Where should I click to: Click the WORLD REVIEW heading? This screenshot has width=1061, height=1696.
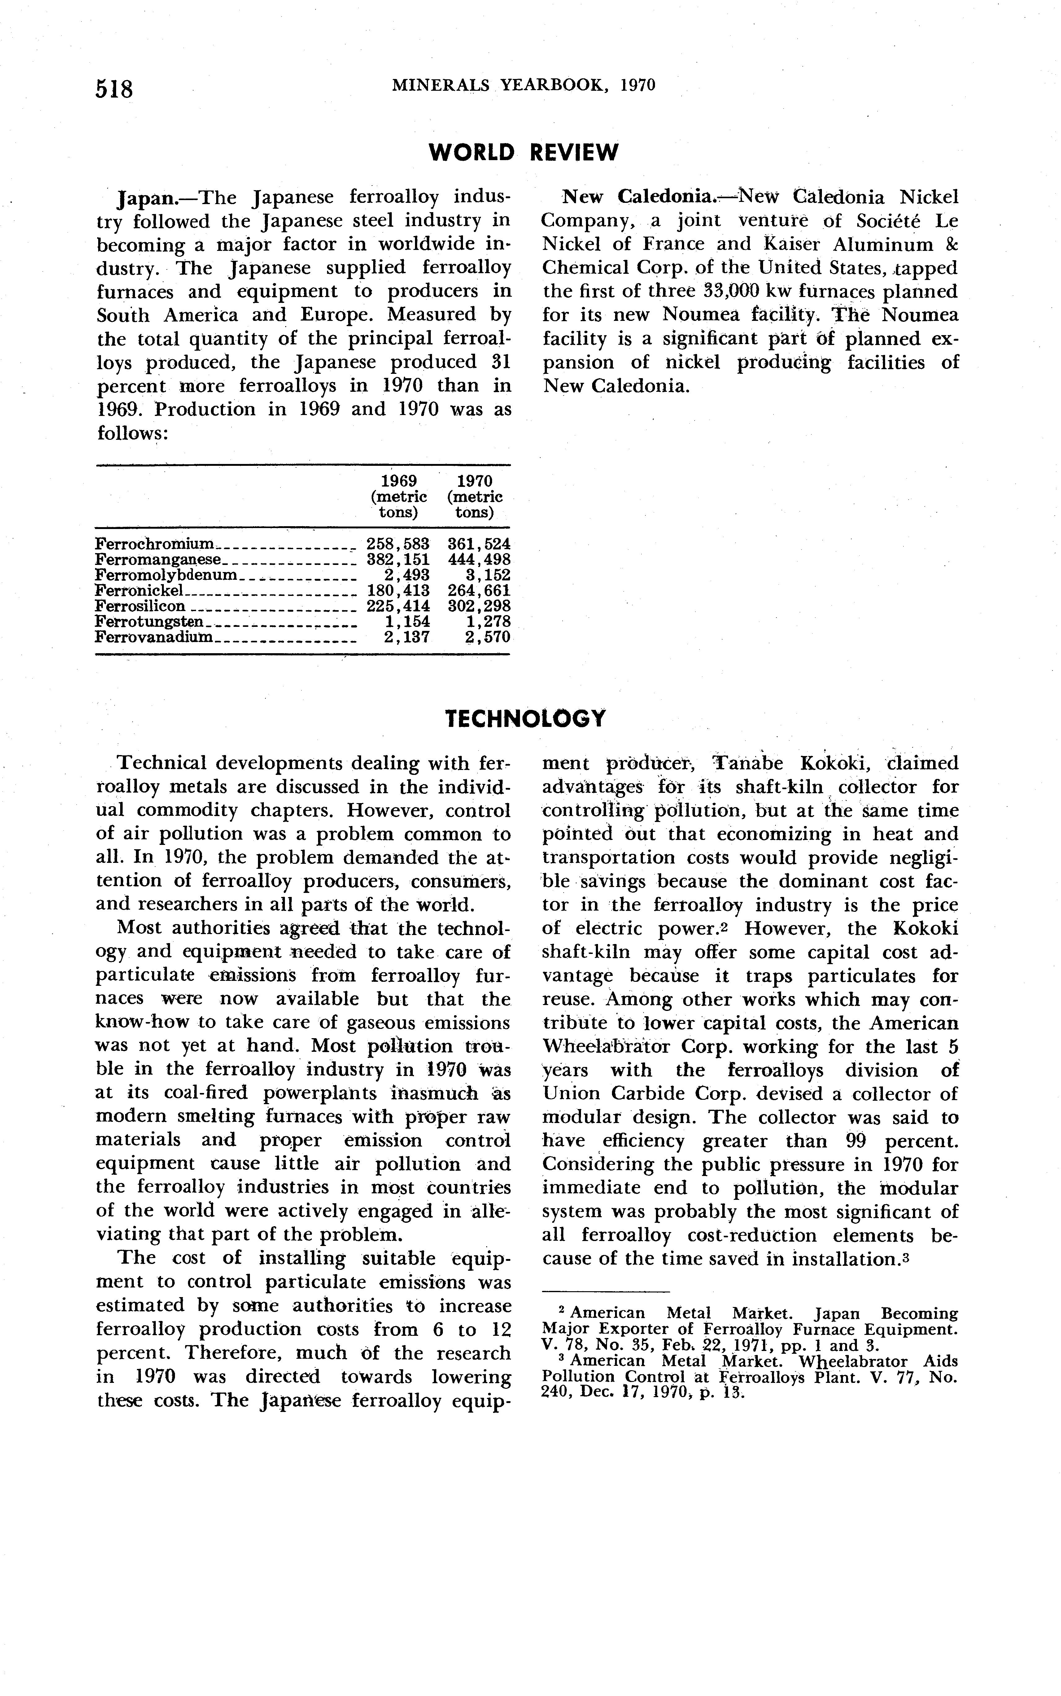point(523,152)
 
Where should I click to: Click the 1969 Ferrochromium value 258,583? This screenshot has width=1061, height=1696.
point(398,544)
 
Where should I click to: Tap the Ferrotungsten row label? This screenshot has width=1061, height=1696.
point(149,622)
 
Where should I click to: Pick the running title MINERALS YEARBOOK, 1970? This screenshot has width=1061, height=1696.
point(523,85)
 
